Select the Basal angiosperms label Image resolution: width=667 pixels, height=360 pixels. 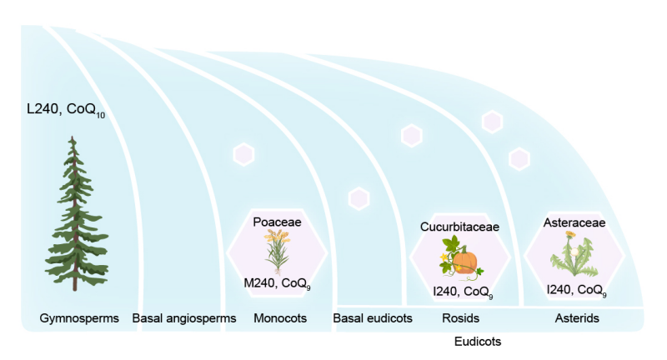(x=184, y=317)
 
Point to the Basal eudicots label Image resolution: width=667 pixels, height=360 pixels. (x=373, y=317)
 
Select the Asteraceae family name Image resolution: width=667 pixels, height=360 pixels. (x=574, y=222)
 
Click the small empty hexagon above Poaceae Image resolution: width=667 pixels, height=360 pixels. (x=243, y=154)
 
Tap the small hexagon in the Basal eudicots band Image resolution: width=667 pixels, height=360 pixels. (x=359, y=198)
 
